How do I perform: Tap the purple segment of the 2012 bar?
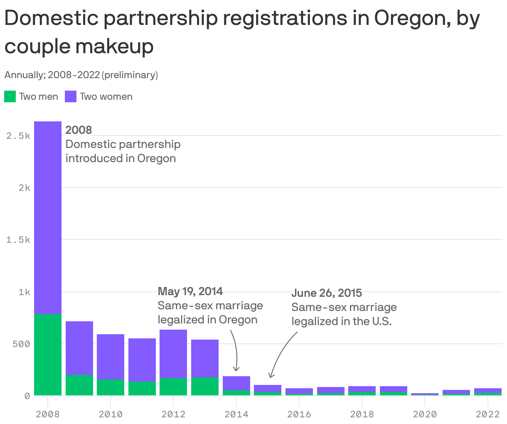[173, 354]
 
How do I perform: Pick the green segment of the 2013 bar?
[205, 386]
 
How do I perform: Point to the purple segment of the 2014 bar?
[236, 383]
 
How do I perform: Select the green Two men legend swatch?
[10, 96]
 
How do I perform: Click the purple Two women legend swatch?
[71, 96]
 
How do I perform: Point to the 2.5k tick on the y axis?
[18, 136]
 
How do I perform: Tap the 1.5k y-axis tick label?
[18, 240]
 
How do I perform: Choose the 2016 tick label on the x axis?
[299, 414]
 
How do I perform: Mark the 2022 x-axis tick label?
[487, 414]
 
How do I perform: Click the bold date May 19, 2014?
[190, 291]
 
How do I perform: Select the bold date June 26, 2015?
[327, 293]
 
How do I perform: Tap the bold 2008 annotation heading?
[79, 130]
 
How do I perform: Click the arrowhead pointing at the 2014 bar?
[236, 369]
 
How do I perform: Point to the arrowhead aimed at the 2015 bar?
[271, 376]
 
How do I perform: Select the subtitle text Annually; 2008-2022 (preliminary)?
[81, 75]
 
